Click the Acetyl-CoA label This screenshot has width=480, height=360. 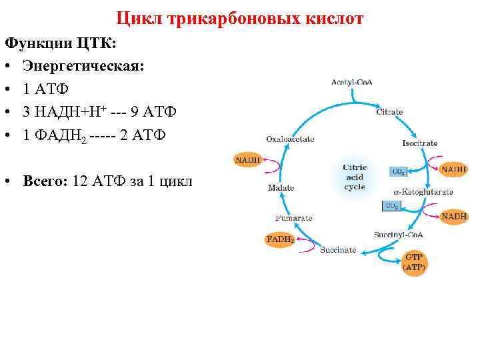click(x=351, y=82)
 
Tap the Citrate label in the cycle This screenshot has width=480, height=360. click(x=389, y=112)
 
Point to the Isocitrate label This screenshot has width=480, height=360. click(x=420, y=143)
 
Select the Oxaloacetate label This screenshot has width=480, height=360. click(x=290, y=139)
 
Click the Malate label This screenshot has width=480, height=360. click(x=281, y=188)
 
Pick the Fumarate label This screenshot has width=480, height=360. click(x=293, y=217)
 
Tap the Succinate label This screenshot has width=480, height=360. click(x=338, y=250)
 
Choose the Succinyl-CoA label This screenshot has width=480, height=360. click(x=399, y=235)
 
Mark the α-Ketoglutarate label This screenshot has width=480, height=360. click(x=423, y=192)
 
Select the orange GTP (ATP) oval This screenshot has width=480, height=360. click(x=414, y=261)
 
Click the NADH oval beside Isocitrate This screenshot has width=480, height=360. click(x=454, y=169)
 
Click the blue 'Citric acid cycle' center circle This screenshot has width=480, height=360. click(x=354, y=177)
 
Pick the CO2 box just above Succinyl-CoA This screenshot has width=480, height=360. click(x=392, y=207)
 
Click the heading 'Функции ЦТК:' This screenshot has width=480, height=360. click(x=60, y=43)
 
